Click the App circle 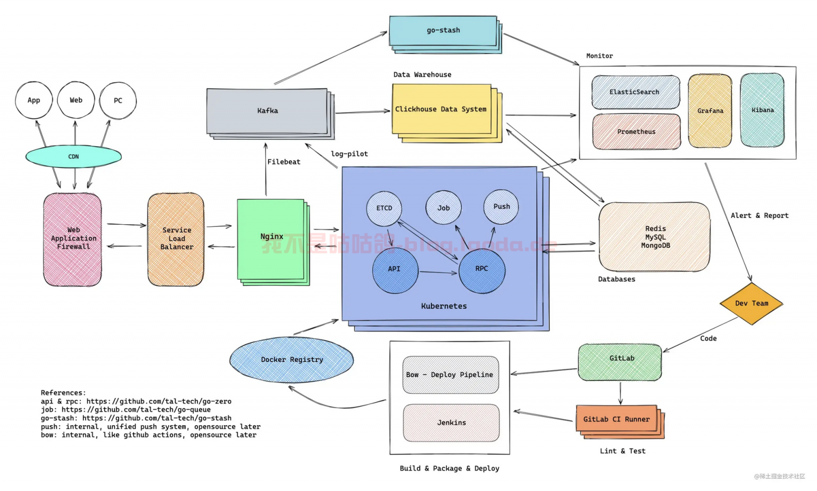point(34,100)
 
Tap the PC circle point(118,100)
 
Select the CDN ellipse point(73,157)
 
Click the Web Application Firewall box point(73,239)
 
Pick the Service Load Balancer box point(176,239)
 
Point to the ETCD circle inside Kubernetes point(384,208)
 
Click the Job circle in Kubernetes point(444,208)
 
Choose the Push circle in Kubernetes point(501,207)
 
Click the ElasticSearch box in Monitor point(636,92)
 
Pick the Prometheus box point(637,132)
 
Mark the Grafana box point(710,111)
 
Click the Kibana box point(762,110)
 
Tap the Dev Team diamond point(752,303)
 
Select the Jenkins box point(451,423)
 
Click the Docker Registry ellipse point(291,360)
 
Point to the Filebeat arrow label point(284,162)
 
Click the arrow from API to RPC point(438,273)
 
